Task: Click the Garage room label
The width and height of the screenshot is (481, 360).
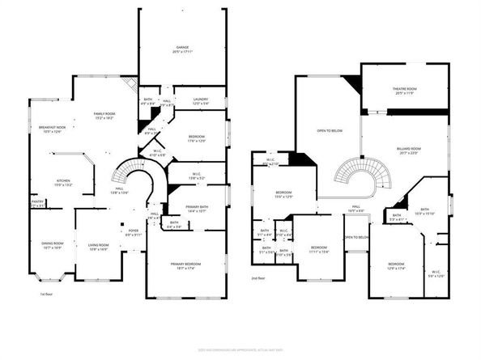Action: click(x=182, y=50)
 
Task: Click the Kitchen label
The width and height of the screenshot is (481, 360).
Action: click(x=63, y=182)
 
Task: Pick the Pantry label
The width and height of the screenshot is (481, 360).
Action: click(x=37, y=205)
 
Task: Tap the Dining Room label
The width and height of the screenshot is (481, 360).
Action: click(x=53, y=246)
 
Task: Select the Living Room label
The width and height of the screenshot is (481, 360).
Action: click(x=98, y=248)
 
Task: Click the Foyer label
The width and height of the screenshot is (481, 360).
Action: click(x=134, y=233)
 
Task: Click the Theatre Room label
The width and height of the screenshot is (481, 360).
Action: click(x=404, y=92)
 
